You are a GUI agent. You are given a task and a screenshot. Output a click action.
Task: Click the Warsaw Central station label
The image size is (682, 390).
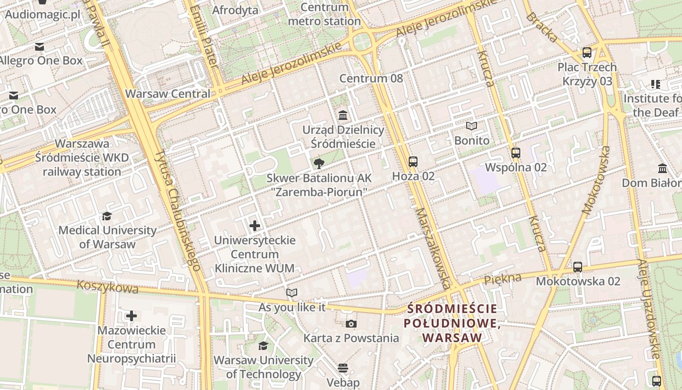(168, 94)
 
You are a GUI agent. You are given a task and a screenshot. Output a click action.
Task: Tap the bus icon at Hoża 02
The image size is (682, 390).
(413, 161)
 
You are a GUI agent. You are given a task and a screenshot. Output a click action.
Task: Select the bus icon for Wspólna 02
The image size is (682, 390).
(516, 153)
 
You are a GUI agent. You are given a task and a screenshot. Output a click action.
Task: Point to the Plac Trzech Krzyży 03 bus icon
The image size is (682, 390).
(587, 53)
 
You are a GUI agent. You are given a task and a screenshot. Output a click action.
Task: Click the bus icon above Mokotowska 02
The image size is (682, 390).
(578, 267)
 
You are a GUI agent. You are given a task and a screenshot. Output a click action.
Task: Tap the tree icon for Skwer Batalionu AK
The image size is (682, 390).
(319, 163)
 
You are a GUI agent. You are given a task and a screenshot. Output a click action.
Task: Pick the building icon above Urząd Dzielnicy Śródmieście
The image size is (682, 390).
(343, 116)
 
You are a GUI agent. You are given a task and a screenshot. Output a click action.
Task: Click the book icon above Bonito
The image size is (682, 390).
(471, 126)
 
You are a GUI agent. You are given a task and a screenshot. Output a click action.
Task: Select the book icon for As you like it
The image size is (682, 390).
(292, 292)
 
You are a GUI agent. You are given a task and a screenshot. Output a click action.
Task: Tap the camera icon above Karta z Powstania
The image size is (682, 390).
(351, 324)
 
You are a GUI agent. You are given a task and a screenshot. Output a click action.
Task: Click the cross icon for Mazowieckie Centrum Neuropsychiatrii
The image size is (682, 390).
(131, 316)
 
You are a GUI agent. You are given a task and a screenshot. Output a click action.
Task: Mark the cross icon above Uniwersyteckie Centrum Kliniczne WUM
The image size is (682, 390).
(254, 226)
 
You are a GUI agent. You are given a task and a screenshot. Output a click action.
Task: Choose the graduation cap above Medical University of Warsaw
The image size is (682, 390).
(106, 216)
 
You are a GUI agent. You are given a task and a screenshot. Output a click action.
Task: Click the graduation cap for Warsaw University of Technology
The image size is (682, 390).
(263, 346)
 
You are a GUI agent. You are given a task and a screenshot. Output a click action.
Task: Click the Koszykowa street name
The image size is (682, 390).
(107, 286)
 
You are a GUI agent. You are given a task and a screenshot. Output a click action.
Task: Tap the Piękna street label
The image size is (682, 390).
(503, 279)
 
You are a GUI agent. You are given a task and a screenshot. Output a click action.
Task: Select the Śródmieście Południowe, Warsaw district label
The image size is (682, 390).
(452, 323)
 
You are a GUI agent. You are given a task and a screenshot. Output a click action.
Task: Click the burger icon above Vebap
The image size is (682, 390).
(343, 368)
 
